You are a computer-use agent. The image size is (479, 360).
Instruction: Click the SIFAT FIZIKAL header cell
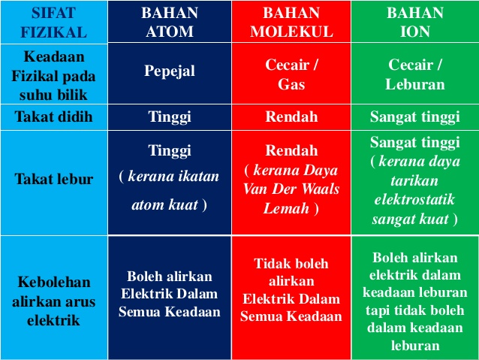coord(54,22)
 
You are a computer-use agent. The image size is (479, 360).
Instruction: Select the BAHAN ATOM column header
coord(170,21)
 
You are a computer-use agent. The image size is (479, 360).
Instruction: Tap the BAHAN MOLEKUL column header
coord(291,21)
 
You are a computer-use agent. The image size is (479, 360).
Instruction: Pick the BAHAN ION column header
coord(415,21)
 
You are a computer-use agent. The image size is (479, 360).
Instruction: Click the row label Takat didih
coord(54,116)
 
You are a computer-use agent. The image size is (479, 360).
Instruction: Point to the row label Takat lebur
coord(54,179)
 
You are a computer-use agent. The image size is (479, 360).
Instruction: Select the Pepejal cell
coord(170,74)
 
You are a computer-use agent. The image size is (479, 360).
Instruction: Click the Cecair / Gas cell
coord(291,74)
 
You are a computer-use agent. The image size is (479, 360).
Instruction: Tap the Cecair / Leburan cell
coord(415,74)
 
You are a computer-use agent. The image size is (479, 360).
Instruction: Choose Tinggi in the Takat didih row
coord(170,117)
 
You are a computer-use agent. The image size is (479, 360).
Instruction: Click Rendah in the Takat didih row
coord(291,116)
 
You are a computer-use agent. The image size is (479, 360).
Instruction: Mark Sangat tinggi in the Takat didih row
coord(415,117)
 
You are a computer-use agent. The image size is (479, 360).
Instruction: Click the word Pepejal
coord(170,71)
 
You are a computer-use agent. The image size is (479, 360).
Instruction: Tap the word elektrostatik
coord(414,200)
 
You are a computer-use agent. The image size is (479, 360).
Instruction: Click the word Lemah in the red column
coord(286,209)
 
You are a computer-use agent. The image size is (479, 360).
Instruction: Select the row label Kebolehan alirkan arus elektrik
coord(54,301)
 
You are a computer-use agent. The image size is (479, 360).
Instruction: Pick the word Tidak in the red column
coord(269,264)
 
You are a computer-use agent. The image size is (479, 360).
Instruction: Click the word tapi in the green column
coord(378,310)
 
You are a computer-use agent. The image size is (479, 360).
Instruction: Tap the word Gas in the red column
coord(291,84)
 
